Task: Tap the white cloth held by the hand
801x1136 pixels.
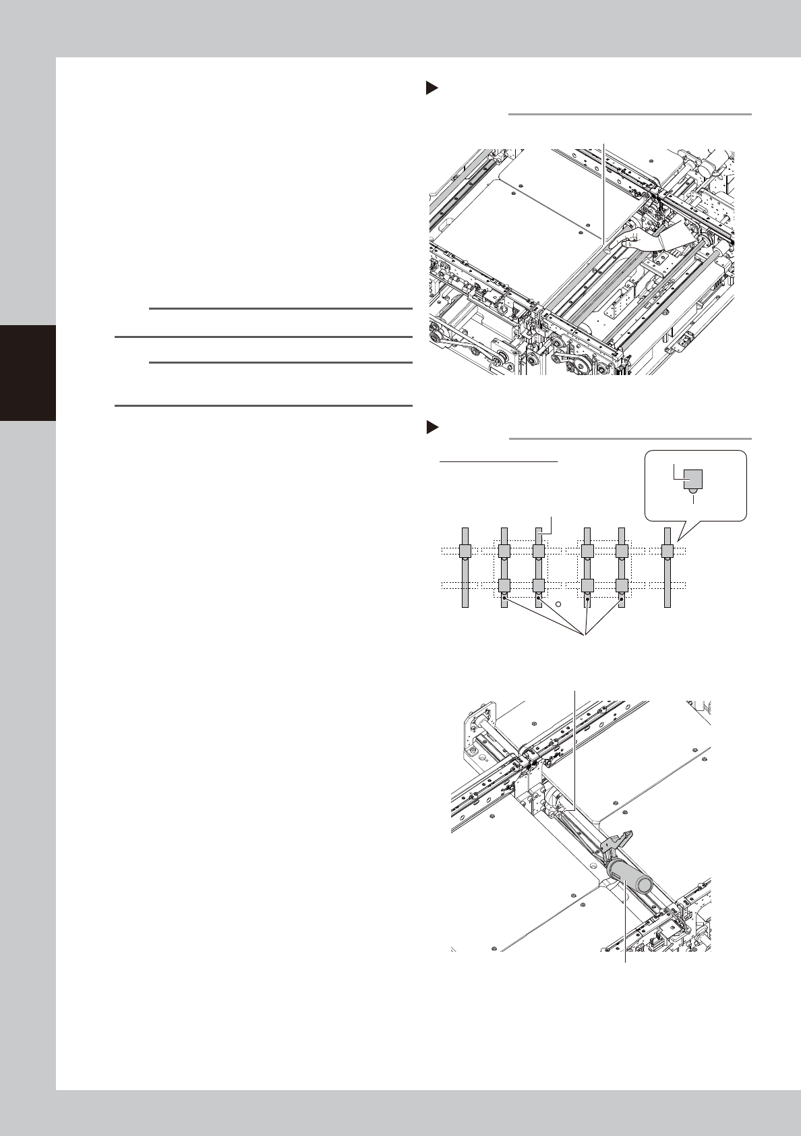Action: [x=678, y=236]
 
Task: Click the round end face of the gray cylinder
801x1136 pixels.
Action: [x=645, y=882]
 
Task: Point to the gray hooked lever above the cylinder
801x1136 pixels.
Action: [x=617, y=844]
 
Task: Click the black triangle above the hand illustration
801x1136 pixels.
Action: [x=432, y=88]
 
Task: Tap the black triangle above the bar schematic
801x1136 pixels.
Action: [x=432, y=428]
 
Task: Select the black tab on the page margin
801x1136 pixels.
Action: [x=28, y=372]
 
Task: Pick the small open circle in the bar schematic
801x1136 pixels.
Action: [x=559, y=603]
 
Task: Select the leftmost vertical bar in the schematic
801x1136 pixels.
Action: [x=465, y=567]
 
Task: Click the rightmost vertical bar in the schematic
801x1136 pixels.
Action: [x=667, y=567]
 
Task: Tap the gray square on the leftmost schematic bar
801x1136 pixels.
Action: [x=465, y=552]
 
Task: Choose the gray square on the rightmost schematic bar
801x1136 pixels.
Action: [x=667, y=552]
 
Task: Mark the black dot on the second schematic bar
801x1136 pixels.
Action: [x=504, y=598]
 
